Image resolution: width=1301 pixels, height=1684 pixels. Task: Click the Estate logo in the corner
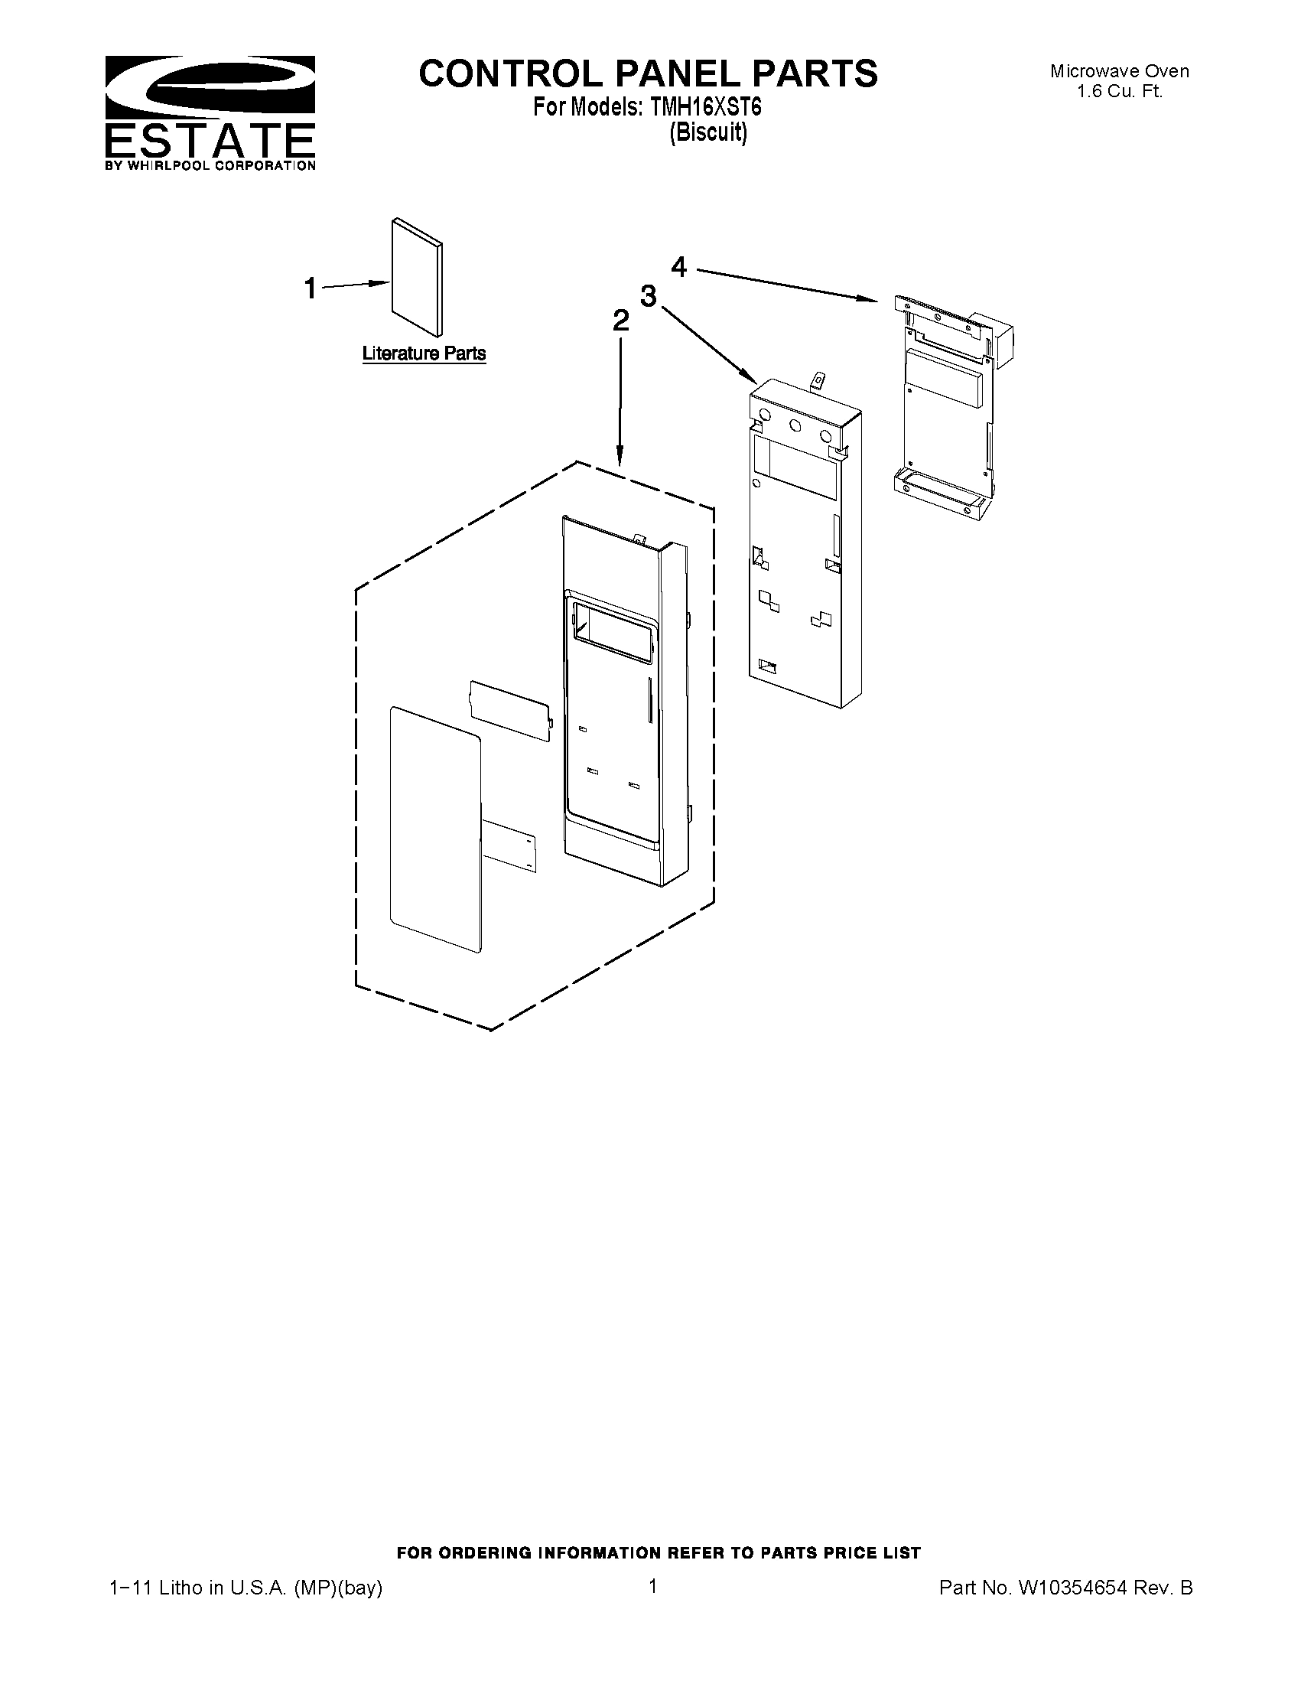point(210,112)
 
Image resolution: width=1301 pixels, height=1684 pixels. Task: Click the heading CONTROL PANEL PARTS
point(647,73)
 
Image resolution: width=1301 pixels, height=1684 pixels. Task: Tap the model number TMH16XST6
point(705,107)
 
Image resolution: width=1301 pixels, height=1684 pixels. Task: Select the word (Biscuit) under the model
point(707,132)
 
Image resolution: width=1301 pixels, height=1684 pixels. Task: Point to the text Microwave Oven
point(1119,72)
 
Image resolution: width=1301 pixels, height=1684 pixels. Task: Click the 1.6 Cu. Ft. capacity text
point(1119,91)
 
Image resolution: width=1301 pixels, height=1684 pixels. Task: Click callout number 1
point(310,289)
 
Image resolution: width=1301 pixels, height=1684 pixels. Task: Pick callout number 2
point(620,321)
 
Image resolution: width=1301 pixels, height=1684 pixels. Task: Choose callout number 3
point(648,295)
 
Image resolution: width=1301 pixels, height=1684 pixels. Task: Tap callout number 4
point(678,267)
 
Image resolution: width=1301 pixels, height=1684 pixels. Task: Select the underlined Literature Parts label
point(424,353)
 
